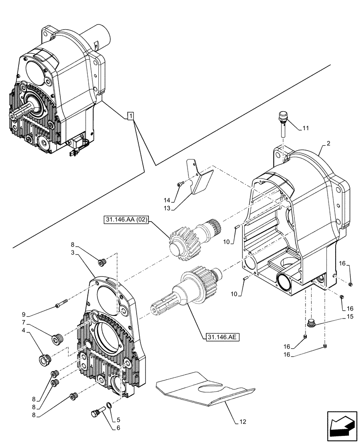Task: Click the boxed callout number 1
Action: click(130, 116)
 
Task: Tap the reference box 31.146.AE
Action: click(223, 337)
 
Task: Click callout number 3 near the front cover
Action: click(73, 252)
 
